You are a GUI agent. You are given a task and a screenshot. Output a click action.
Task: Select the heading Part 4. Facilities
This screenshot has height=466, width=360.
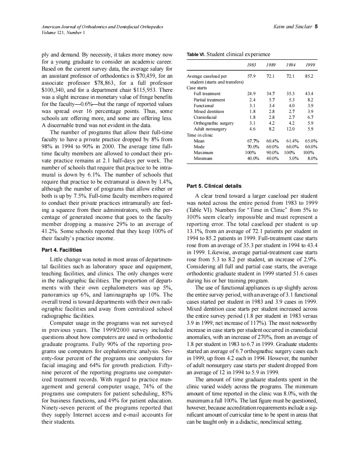click(x=62, y=250)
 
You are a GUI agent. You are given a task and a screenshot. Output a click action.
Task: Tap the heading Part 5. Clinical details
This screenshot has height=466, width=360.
click(x=214, y=186)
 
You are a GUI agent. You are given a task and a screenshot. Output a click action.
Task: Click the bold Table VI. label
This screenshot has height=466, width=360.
click(x=196, y=54)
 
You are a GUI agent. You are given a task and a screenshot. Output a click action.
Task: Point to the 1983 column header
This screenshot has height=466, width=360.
click(x=251, y=65)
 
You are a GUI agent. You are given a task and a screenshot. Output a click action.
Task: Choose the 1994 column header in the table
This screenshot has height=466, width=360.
click(x=291, y=65)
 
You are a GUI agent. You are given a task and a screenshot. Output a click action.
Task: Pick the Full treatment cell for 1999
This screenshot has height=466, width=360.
click(x=309, y=94)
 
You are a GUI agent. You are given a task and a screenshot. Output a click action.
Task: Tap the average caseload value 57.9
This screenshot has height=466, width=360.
click(x=251, y=76)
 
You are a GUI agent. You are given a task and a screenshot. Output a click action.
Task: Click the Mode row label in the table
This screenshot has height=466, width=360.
click(x=199, y=147)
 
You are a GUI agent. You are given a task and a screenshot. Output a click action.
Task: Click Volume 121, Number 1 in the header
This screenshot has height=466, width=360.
click(x=63, y=32)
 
